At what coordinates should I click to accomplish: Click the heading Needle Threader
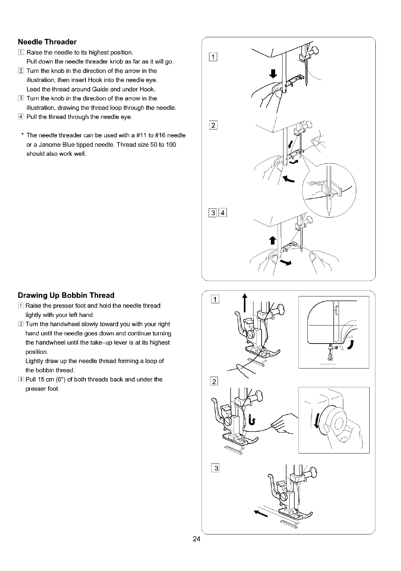[47, 42]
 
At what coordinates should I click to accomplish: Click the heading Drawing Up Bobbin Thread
[66, 295]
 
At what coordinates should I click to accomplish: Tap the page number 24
[196, 539]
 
